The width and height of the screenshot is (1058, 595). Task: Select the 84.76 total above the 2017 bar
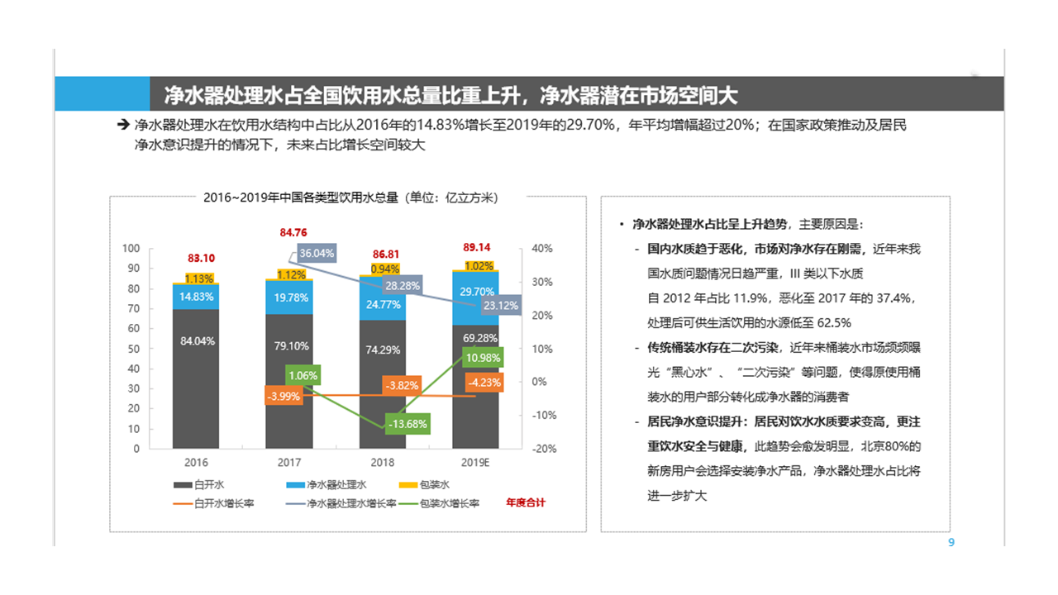293,233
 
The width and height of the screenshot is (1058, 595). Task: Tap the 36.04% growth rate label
317,254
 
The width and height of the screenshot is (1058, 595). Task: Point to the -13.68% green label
407,424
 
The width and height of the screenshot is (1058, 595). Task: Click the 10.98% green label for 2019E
483,358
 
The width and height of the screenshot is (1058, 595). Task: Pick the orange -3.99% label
284,397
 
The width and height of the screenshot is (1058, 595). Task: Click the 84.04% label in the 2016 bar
197,340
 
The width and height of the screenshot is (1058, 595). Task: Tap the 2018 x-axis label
383,464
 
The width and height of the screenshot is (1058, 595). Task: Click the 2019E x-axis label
476,464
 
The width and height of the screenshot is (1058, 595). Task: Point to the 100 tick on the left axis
131,249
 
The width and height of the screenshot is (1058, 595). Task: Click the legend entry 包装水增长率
450,502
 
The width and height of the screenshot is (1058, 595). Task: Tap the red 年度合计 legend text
526,502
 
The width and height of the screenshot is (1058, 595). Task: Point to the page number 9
951,543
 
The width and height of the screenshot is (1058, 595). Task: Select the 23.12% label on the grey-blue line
501,305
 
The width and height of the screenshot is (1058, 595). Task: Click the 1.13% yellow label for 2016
199,278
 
